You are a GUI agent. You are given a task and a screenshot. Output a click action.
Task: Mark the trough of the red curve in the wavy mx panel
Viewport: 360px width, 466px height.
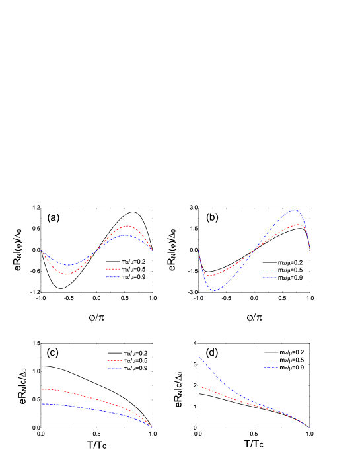click(65, 274)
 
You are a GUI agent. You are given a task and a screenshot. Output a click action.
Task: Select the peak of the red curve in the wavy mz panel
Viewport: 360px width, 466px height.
click(300, 225)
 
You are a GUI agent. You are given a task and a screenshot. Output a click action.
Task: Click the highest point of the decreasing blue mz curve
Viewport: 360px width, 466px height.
click(199, 357)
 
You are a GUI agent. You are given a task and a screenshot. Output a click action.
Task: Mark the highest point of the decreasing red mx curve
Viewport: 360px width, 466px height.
click(42, 389)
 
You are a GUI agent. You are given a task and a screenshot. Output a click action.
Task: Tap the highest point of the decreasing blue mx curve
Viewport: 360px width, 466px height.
click(42, 403)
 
